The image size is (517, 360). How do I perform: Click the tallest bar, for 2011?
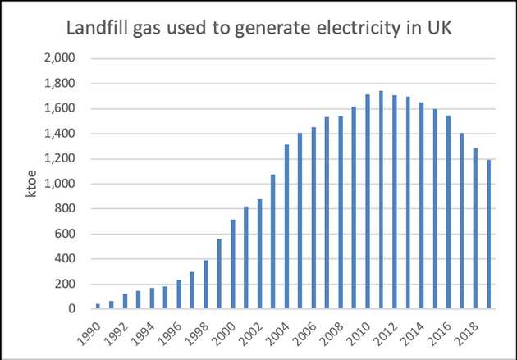point(381,199)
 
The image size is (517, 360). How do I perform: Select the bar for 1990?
point(98,307)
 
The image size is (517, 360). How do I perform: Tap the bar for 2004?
point(286,226)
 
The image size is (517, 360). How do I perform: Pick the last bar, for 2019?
point(488,235)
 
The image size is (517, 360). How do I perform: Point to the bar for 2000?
point(233,264)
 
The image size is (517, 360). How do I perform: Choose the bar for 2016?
point(448,212)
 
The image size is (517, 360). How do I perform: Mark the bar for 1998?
point(206,285)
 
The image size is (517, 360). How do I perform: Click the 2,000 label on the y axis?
point(60,58)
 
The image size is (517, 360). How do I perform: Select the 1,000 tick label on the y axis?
point(60,184)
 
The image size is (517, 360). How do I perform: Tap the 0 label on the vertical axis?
point(72,308)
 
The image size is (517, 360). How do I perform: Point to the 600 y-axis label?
point(65,234)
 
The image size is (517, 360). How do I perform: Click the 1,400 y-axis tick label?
point(60,134)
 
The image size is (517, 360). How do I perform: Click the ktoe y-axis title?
point(30,184)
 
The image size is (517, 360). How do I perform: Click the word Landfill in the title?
point(97,28)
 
